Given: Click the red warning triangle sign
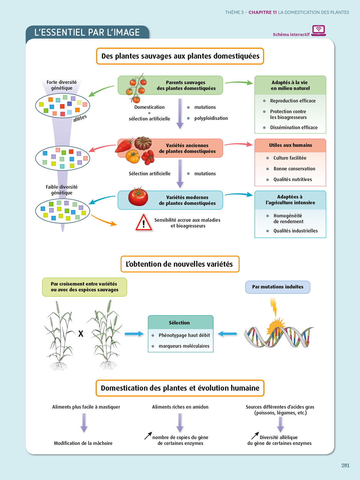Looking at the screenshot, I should pyautogui.click(x=144, y=223).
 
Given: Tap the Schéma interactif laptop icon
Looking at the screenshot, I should pyautogui.click(x=318, y=30).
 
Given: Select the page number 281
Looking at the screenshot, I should pyautogui.click(x=345, y=466).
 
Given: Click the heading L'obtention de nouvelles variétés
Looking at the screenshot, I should pyautogui.click(x=180, y=264).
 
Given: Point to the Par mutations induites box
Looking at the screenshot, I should pyautogui.click(x=277, y=287).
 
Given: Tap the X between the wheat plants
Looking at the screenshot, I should pyautogui.click(x=81, y=334).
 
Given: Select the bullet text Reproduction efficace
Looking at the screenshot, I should pyautogui.click(x=292, y=101).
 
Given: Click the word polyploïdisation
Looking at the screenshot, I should pyautogui.click(x=211, y=118).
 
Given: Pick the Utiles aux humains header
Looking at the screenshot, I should pyautogui.click(x=290, y=145).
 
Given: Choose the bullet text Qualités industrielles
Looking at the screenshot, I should pyautogui.click(x=295, y=231).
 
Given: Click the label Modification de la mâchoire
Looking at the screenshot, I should pyautogui.click(x=83, y=443).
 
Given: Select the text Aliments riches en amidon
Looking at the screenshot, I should pyautogui.click(x=180, y=407).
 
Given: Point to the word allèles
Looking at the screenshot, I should pyautogui.click(x=80, y=118).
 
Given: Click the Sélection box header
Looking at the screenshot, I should pyautogui.click(x=180, y=323).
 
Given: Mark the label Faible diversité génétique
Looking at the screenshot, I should pyautogui.click(x=61, y=190).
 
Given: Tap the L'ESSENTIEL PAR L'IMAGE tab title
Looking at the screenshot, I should pyautogui.click(x=87, y=33).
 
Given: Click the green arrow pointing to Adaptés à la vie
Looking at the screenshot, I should pyautogui.click(x=239, y=83).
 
